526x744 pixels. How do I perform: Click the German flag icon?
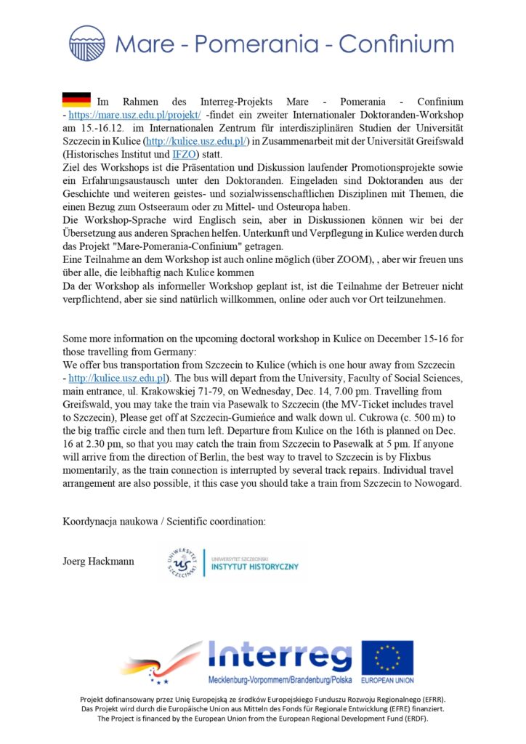coord(76,100)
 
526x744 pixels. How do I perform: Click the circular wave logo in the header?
coord(87,43)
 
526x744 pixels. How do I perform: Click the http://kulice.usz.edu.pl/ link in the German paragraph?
coord(197,141)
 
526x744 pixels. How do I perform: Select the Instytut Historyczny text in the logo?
coord(254,566)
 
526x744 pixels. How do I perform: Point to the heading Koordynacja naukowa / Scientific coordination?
coord(164,522)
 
